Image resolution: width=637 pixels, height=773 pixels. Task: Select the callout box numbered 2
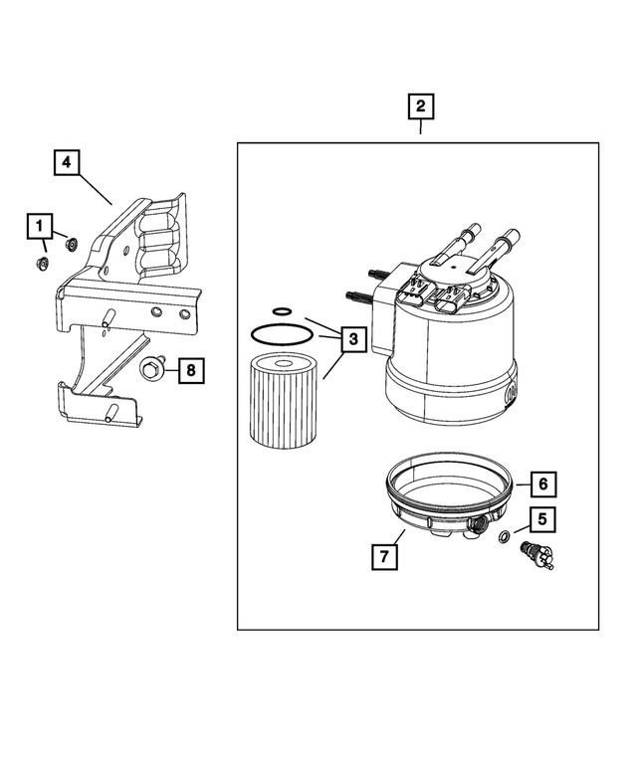click(x=420, y=106)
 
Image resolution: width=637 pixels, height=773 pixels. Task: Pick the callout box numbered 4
click(x=67, y=161)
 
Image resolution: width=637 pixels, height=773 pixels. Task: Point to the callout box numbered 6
click(x=541, y=484)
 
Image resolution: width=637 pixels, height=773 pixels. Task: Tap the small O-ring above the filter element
click(x=282, y=311)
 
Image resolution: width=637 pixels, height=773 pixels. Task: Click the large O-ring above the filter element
click(x=282, y=333)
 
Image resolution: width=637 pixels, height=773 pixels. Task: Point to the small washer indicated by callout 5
click(x=504, y=538)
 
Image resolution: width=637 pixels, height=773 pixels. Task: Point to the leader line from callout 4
click(x=96, y=188)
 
